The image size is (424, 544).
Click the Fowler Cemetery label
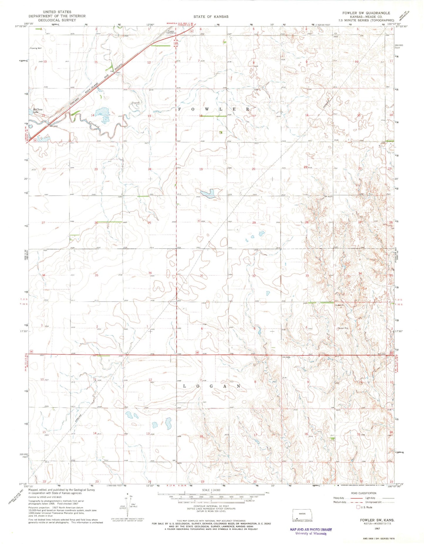[x=171, y=32]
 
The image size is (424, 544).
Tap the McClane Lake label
[x=37, y=111]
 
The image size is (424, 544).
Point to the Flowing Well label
[x=36, y=48]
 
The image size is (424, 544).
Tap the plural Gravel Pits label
[x=343, y=328]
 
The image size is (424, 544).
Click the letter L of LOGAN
[x=185, y=386]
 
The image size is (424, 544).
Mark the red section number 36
[x=150, y=273]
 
